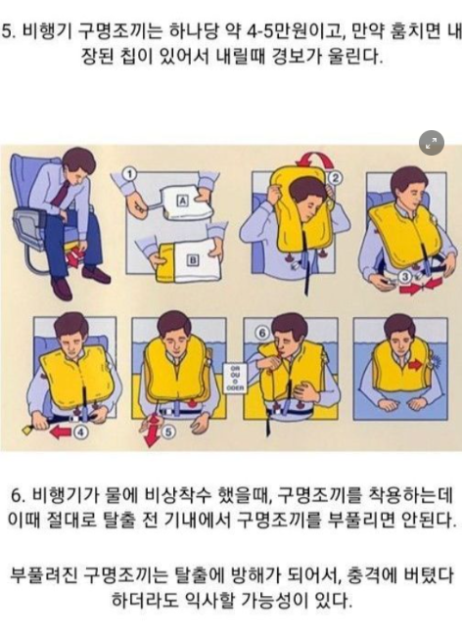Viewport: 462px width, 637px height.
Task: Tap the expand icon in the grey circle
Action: [x=431, y=143]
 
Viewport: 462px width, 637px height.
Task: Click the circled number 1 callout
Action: [x=129, y=175]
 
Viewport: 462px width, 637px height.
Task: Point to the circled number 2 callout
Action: [x=336, y=178]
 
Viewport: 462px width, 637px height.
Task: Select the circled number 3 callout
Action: [x=405, y=277]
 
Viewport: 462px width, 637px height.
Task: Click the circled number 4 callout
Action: [x=81, y=432]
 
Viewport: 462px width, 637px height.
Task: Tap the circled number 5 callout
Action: [x=168, y=432]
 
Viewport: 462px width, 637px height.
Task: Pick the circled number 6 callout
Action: [x=262, y=333]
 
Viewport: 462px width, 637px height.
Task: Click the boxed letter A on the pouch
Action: [x=182, y=201]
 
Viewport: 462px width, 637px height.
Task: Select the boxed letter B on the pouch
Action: [x=193, y=260]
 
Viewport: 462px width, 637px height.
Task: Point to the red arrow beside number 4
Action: [x=61, y=432]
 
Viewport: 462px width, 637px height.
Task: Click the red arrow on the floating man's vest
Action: [x=415, y=365]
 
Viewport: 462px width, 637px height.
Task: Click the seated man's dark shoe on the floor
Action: [x=96, y=274]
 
